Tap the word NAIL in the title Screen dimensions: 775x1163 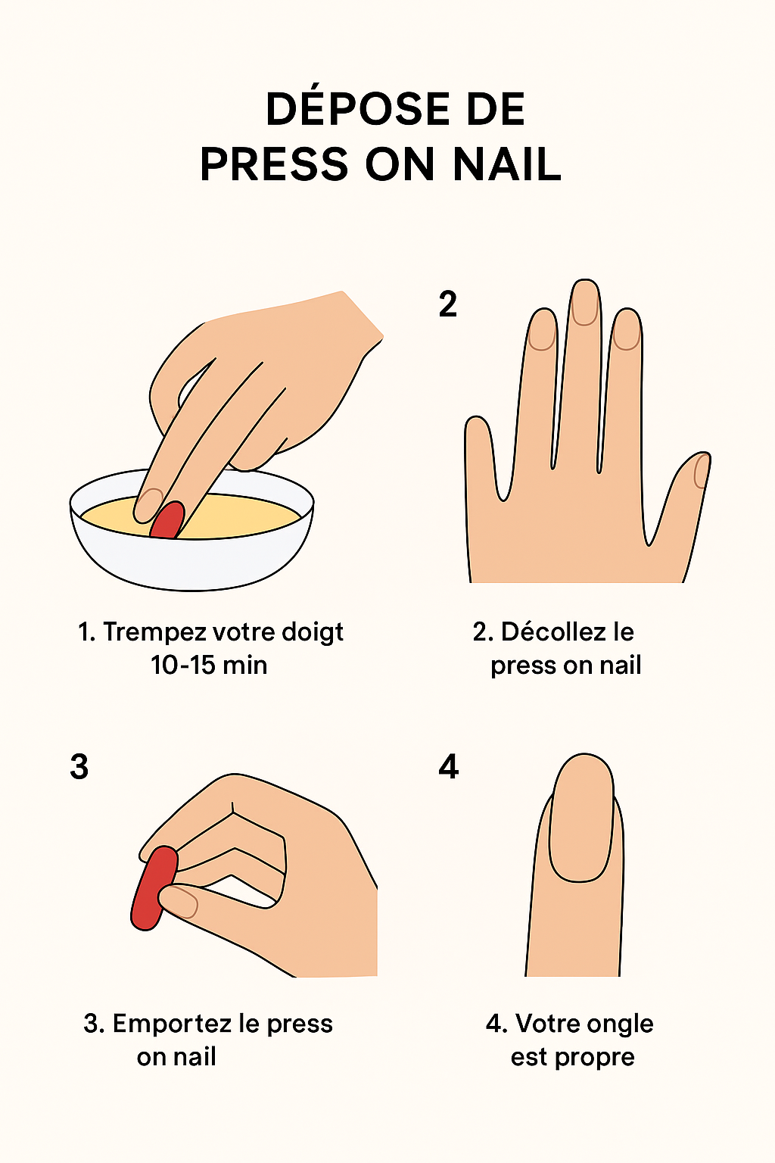[507, 164]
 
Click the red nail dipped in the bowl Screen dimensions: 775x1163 [167, 519]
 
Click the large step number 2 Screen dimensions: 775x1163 [447, 304]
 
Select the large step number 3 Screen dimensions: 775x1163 [79, 766]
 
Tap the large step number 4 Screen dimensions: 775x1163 [449, 766]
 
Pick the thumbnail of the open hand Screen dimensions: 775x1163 [702, 471]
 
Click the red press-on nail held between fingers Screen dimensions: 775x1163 [154, 888]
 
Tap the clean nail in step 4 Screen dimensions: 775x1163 [580, 818]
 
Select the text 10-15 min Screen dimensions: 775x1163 [209, 665]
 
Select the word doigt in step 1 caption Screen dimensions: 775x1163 [313, 633]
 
